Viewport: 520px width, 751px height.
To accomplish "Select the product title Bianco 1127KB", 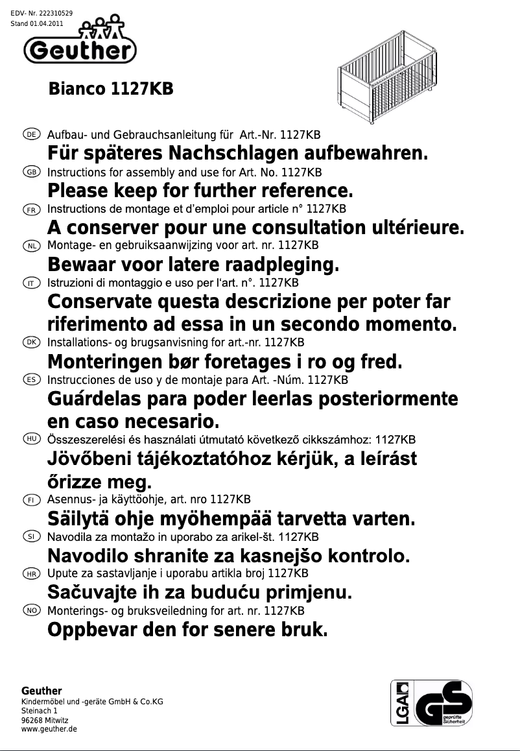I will pos(111,89).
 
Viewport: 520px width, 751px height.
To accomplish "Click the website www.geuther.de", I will pos(49,729).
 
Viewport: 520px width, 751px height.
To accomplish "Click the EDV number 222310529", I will pos(56,14).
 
